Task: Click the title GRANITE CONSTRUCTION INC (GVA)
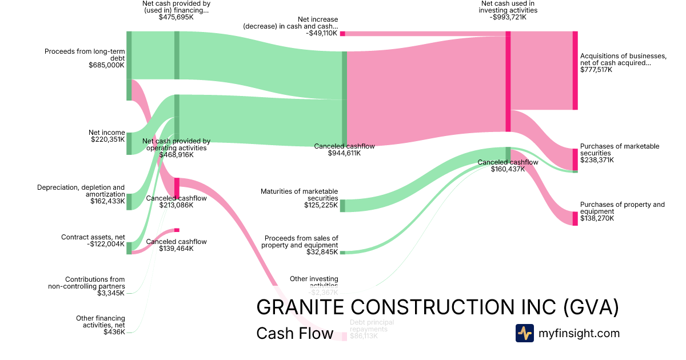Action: (437, 307)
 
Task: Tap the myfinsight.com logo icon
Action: (524, 333)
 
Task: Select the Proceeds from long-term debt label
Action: (85, 55)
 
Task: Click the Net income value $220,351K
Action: (107, 139)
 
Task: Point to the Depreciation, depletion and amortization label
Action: (81, 191)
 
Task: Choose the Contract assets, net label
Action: (93, 237)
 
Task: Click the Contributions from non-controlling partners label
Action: (86, 283)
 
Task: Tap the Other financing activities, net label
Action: (101, 322)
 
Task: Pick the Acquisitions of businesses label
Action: (623, 59)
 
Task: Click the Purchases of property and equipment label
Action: (623, 208)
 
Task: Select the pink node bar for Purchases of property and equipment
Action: (575, 218)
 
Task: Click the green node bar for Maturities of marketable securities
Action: (342, 206)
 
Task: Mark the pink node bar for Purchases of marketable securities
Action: (575, 159)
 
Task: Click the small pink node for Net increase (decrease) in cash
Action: (342, 34)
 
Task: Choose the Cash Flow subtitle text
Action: (294, 333)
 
